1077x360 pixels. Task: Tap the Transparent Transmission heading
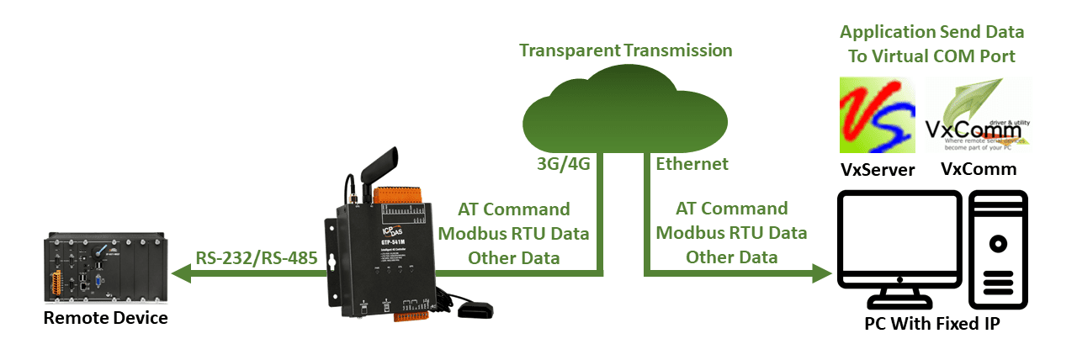click(625, 50)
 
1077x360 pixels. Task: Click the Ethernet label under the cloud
click(692, 164)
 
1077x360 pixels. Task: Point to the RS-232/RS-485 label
click(257, 257)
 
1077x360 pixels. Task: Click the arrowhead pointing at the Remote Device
click(178, 273)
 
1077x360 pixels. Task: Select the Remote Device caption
click(105, 318)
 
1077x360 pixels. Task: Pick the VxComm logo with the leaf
click(979, 115)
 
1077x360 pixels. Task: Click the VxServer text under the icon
click(878, 170)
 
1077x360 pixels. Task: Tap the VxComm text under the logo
click(978, 170)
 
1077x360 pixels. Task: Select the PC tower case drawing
click(999, 252)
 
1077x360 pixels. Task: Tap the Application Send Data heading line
click(931, 33)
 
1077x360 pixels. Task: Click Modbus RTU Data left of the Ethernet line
click(513, 233)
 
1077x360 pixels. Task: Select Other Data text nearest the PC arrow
click(731, 257)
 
